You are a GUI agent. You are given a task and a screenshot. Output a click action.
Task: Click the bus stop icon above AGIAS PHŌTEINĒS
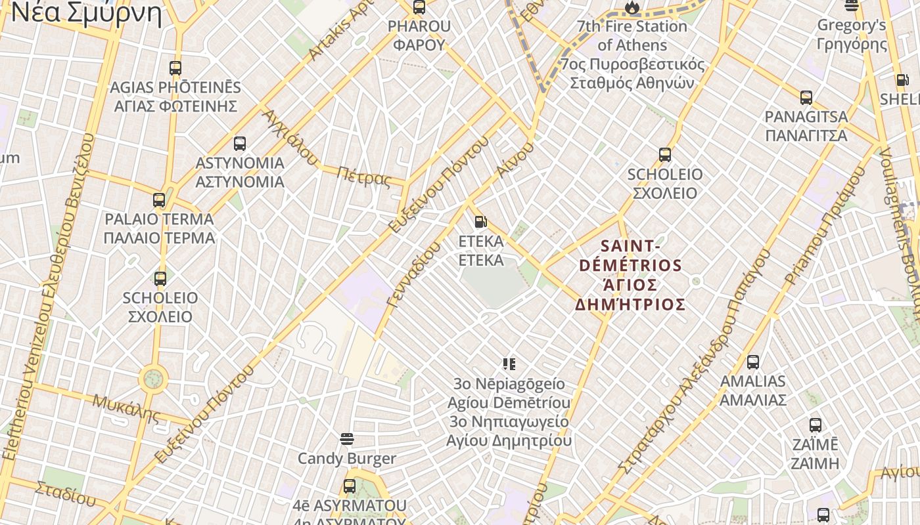point(175,68)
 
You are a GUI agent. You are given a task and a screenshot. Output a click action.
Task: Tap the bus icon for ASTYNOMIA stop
point(240,144)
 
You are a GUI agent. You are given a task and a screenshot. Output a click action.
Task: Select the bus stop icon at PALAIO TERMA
point(159,200)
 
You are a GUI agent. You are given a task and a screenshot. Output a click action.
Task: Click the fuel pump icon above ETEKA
point(480,222)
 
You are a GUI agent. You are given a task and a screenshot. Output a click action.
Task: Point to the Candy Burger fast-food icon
point(347,439)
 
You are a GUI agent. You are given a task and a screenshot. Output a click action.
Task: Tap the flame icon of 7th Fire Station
point(632,7)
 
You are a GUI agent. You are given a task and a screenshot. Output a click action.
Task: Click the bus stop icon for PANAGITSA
point(806,98)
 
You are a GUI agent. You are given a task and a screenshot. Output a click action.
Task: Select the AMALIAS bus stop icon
point(753,362)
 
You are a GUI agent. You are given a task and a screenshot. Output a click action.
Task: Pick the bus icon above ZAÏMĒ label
point(816,425)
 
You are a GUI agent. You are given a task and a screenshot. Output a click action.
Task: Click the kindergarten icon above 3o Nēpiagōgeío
point(509,364)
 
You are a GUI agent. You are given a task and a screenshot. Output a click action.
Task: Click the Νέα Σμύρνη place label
point(87,13)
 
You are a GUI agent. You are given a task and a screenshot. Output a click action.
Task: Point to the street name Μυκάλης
point(126,408)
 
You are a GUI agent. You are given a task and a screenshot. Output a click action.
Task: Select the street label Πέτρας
point(363,177)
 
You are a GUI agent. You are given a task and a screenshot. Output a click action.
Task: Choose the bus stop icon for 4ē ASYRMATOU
point(350,486)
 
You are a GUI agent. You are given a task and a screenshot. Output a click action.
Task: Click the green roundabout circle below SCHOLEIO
point(153,379)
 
